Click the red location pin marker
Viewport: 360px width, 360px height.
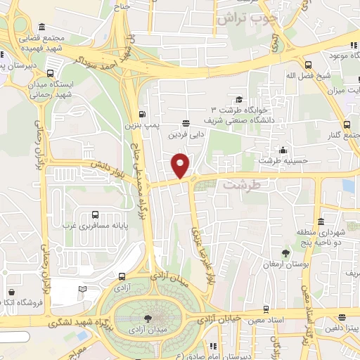coord(181,165)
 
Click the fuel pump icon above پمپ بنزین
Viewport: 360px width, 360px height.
coord(143,115)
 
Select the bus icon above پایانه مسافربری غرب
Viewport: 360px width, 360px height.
coord(96,215)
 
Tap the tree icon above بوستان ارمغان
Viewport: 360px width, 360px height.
coord(285,252)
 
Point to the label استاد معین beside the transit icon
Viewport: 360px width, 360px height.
coord(285,320)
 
